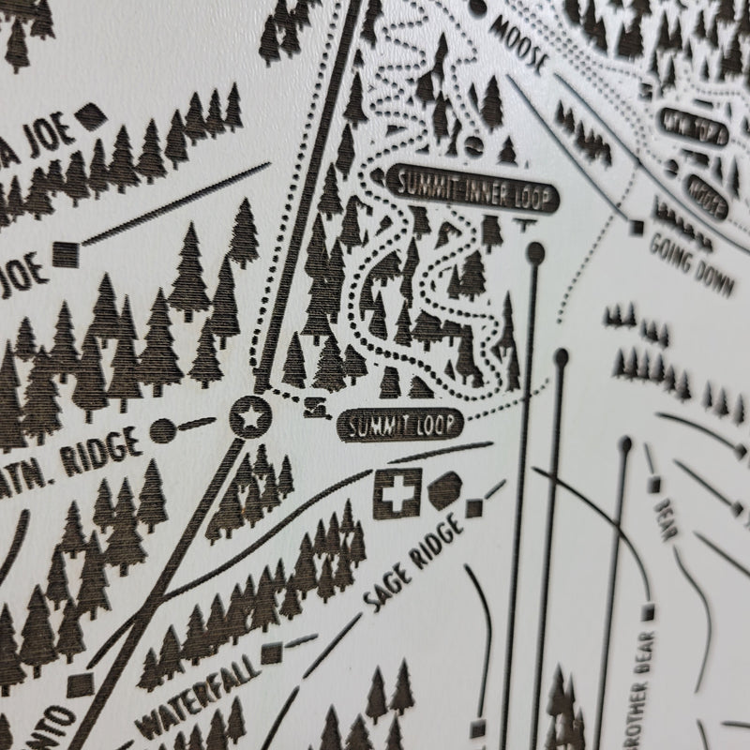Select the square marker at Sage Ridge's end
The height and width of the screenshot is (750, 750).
click(x=475, y=507)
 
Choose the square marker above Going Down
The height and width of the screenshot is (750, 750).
click(x=637, y=227)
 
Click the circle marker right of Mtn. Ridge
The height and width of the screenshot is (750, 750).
click(x=164, y=429)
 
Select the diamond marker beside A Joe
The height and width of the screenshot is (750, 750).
click(x=89, y=117)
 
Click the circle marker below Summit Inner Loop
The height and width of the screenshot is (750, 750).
click(x=535, y=251)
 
